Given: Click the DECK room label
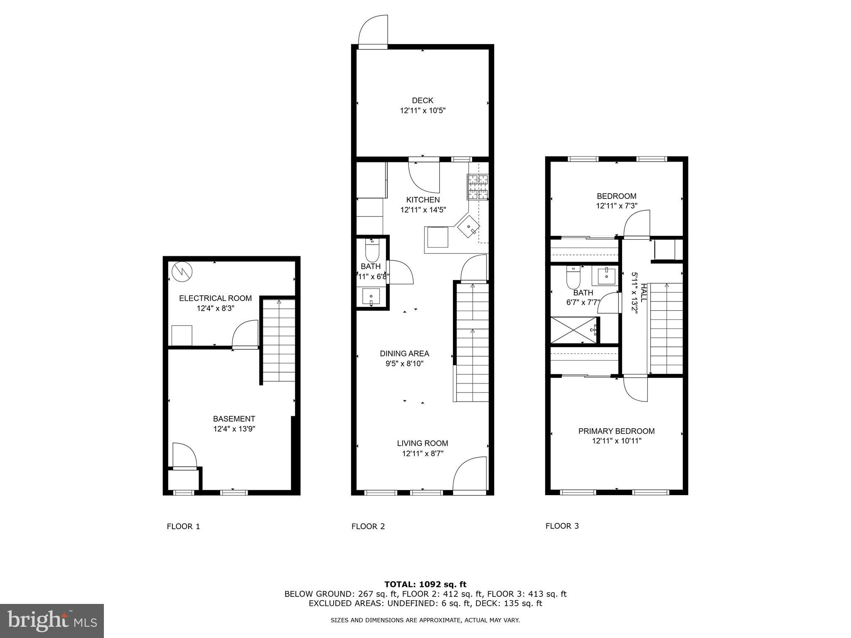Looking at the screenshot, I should tap(422, 100).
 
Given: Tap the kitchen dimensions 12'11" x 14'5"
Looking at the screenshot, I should tap(423, 210).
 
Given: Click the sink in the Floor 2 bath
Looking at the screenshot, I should tap(371, 297).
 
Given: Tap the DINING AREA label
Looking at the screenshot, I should tap(404, 353).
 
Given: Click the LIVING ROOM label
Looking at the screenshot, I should tap(422, 443).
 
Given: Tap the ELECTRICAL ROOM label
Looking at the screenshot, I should tap(215, 298).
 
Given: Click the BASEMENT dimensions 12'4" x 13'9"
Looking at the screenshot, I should tap(234, 429).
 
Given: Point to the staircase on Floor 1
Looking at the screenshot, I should tap(279, 341).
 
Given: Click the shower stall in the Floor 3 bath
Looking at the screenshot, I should tap(573, 330).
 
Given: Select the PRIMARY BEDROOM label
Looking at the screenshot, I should tap(616, 431).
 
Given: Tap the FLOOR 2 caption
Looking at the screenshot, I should tap(368, 527).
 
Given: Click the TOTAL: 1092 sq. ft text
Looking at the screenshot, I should tap(425, 584).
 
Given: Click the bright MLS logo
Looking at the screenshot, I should tap(52, 621).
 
